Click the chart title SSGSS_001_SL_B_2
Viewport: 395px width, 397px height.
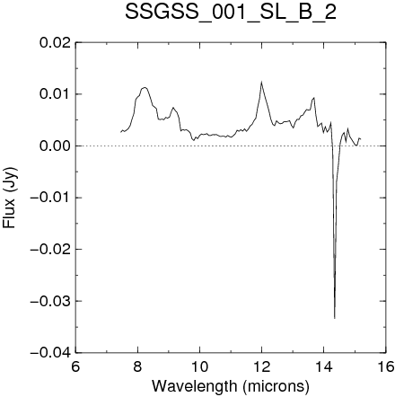[x=231, y=13]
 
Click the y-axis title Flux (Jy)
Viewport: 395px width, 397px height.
[x=10, y=198]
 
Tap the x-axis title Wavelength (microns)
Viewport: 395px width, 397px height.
[x=231, y=386]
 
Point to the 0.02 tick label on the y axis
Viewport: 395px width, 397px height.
[x=56, y=42]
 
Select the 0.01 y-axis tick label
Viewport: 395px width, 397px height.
[x=56, y=94]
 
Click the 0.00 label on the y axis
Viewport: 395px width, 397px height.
[x=56, y=146]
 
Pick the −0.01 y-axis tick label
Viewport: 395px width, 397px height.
[x=51, y=198]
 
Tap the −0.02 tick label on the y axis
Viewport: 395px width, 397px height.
[x=51, y=249]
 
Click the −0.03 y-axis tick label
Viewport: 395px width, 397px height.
[x=51, y=301]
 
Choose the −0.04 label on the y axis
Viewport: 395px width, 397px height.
[x=51, y=352]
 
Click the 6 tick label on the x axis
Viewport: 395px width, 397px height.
[x=75, y=366]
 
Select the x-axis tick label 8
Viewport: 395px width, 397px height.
[x=137, y=366]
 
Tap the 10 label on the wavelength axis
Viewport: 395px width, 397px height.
[x=199, y=366]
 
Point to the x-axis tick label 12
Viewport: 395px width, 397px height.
[x=261, y=366]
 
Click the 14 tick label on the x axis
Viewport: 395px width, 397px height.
[x=323, y=366]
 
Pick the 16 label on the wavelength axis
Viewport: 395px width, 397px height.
[x=385, y=366]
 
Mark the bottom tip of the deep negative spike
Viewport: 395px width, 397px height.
[x=335, y=319]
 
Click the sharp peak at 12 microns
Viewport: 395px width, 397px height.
[x=261, y=82]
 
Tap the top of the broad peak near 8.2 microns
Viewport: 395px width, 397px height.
[x=145, y=87]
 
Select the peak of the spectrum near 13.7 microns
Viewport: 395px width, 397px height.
[x=314, y=98]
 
